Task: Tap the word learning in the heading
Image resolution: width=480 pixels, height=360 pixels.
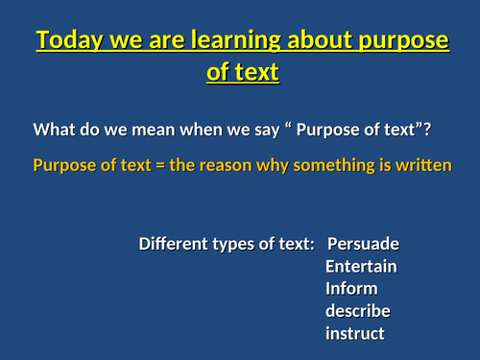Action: tap(224, 42)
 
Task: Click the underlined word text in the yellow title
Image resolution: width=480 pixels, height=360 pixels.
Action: tap(255, 72)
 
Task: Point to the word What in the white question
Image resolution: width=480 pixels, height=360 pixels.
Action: tap(54, 131)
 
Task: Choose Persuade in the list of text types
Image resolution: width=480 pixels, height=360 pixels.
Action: tap(363, 244)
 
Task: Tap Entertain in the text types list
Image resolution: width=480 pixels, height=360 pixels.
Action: tap(361, 266)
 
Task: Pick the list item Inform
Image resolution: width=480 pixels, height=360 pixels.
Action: tap(351, 289)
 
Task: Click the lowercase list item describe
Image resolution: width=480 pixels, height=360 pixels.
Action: tap(357, 311)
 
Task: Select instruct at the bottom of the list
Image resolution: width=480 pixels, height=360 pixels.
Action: tap(355, 334)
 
